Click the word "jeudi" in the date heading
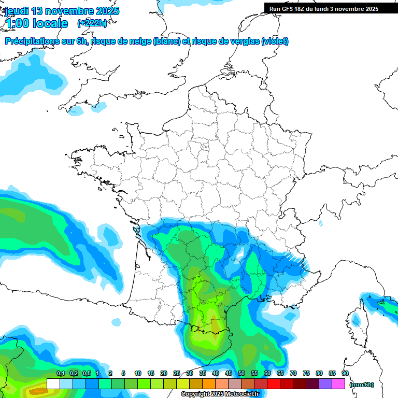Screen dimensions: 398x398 pyautogui.click(x=17, y=11)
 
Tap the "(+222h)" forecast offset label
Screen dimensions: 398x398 pyautogui.click(x=92, y=23)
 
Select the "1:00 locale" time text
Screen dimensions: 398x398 pyautogui.click(x=37, y=23)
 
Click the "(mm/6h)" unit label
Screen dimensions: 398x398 pyautogui.click(x=362, y=384)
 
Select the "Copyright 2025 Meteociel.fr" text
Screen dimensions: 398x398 pyautogui.click(x=220, y=394)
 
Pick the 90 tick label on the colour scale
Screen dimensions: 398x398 pyautogui.click(x=345, y=373)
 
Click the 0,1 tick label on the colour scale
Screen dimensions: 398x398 pyautogui.click(x=61, y=373)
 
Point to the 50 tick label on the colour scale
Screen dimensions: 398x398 pyautogui.click(x=241, y=373)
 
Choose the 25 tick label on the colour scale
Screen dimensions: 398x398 pyautogui.click(x=177, y=373)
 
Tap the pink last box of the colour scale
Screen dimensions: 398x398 pyautogui.click(x=338, y=383)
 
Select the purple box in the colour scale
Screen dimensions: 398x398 pyautogui.click(x=325, y=383)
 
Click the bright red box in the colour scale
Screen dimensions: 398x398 pyautogui.click(x=274, y=383)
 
